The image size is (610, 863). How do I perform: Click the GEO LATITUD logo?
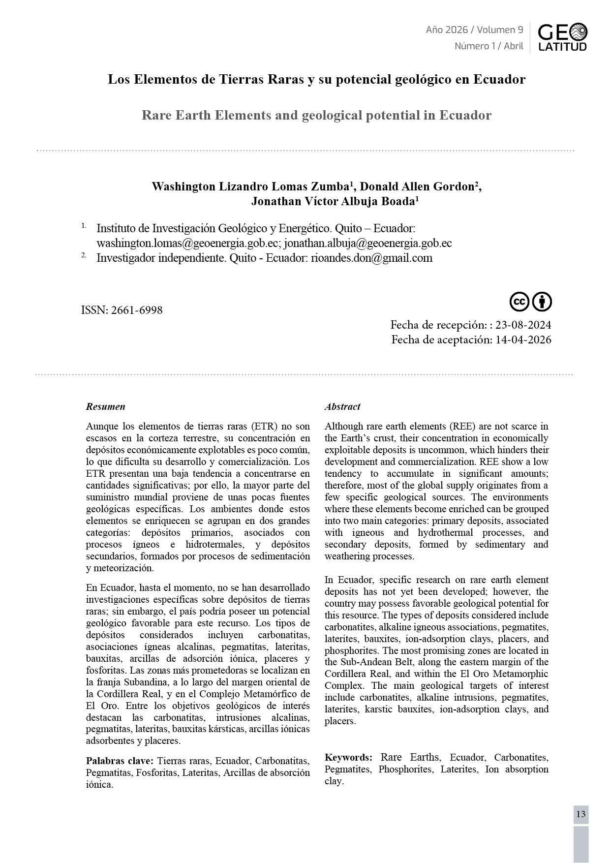562,37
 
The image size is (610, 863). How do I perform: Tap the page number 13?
580,814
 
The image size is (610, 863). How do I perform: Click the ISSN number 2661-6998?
137,310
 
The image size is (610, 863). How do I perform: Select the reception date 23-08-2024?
523,325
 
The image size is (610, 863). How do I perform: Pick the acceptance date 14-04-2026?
523,340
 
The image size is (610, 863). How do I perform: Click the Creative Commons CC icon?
519,302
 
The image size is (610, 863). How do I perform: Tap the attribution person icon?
542,302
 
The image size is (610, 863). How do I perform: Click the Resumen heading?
105,407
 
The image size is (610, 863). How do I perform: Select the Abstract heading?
342,407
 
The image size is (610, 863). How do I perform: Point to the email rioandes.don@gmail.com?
371,258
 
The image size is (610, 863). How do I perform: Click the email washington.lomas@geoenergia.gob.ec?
188,244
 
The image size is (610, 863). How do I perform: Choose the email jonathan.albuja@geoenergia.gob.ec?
368,244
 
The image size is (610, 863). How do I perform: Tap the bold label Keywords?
348,757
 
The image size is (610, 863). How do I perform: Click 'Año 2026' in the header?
447,30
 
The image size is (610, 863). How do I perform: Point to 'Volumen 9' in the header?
500,30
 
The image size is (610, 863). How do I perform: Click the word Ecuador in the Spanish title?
499,79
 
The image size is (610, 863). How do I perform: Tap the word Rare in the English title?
156,116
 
